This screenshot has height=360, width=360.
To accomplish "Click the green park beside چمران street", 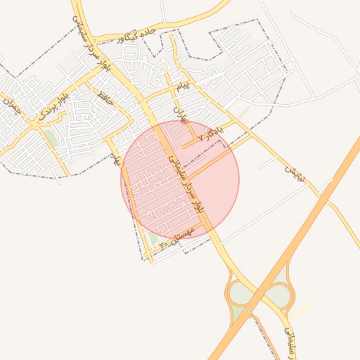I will click(51, 137).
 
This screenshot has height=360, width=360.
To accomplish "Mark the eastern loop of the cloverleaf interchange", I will click(281, 294).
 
